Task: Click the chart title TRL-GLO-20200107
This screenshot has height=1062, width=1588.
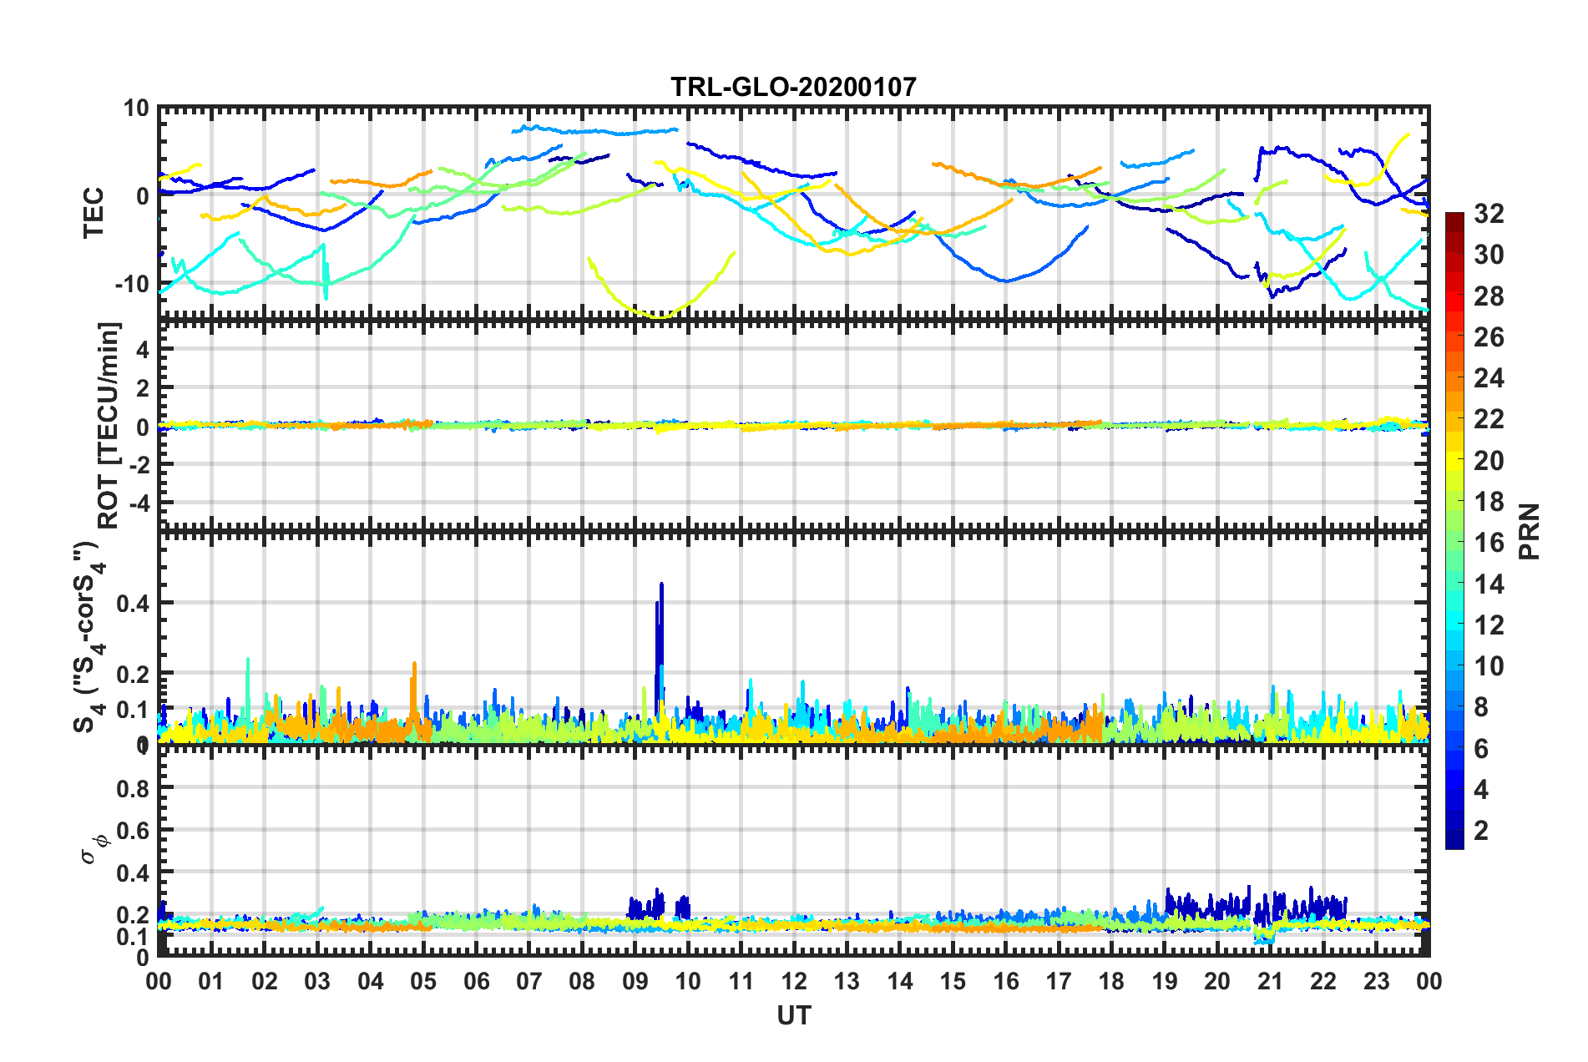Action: (x=793, y=87)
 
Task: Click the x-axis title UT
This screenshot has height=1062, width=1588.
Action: (x=793, y=1015)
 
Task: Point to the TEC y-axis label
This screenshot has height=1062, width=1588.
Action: (x=94, y=212)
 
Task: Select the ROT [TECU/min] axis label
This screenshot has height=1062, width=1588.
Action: (x=109, y=426)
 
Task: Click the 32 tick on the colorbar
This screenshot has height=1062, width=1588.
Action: (x=1489, y=214)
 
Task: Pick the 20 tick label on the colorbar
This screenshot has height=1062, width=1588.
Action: (x=1489, y=460)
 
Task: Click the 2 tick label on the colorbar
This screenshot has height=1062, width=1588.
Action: (x=1481, y=830)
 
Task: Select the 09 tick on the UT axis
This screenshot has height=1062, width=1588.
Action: (x=635, y=981)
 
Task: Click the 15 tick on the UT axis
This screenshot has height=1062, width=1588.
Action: (x=953, y=981)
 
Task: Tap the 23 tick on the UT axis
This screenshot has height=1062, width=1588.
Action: (x=1376, y=981)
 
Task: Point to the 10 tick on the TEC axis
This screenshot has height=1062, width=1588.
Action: (x=136, y=109)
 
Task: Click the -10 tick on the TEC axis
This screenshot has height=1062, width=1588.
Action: (x=132, y=284)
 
